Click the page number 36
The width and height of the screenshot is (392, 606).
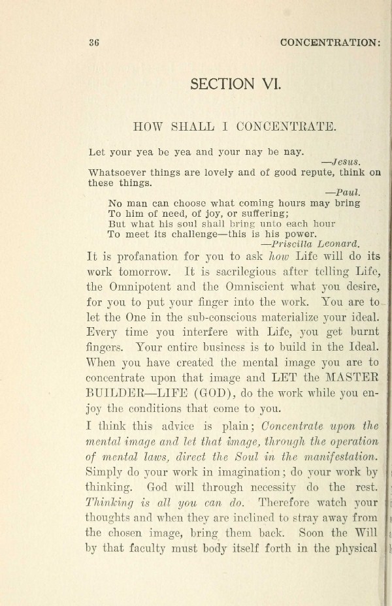[x=93, y=43]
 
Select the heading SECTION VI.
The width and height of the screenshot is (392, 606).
[x=235, y=84]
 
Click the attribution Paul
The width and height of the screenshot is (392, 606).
[x=348, y=193]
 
